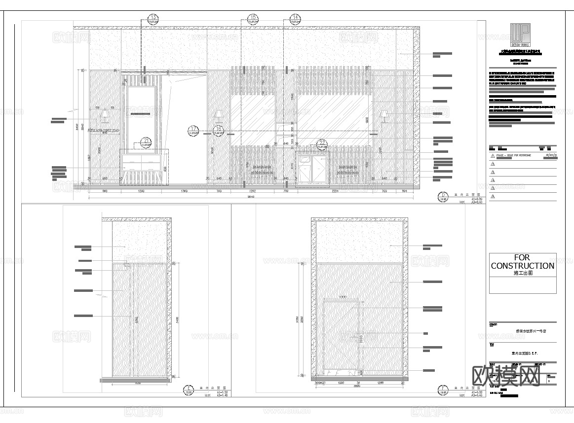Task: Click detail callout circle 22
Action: pos(322,144)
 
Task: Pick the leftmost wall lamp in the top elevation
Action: pos(104,116)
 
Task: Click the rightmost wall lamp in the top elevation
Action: pos(383,116)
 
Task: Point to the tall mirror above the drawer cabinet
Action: pos(142,116)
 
